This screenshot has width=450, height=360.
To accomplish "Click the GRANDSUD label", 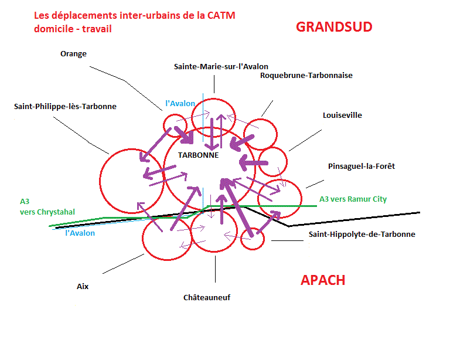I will pos(334,26).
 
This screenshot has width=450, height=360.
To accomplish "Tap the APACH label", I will pos(323,280).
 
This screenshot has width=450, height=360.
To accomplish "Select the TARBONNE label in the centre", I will pos(198,155).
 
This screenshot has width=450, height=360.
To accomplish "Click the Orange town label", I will pos(73,54).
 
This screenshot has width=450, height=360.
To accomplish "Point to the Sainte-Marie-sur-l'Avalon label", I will pos(221,66).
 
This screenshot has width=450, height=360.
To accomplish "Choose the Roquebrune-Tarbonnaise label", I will pos(306,75).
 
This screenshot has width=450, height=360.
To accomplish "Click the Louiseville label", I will pos(342,115).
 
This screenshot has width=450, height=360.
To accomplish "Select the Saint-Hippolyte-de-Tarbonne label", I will pos(362,234).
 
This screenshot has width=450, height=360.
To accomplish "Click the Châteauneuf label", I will pos(207,297).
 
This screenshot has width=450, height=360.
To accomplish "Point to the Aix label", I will pos(83,286).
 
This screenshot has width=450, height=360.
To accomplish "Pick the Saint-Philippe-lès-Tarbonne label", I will pos(65,107).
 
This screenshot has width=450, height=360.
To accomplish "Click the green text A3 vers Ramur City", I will pos(353,199).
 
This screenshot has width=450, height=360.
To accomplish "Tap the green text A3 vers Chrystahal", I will pos(47,206).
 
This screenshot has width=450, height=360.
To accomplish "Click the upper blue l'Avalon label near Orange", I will pos(180,103).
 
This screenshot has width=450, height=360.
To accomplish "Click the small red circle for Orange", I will pos(175,124).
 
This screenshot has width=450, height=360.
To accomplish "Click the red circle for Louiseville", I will pos(272,162).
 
